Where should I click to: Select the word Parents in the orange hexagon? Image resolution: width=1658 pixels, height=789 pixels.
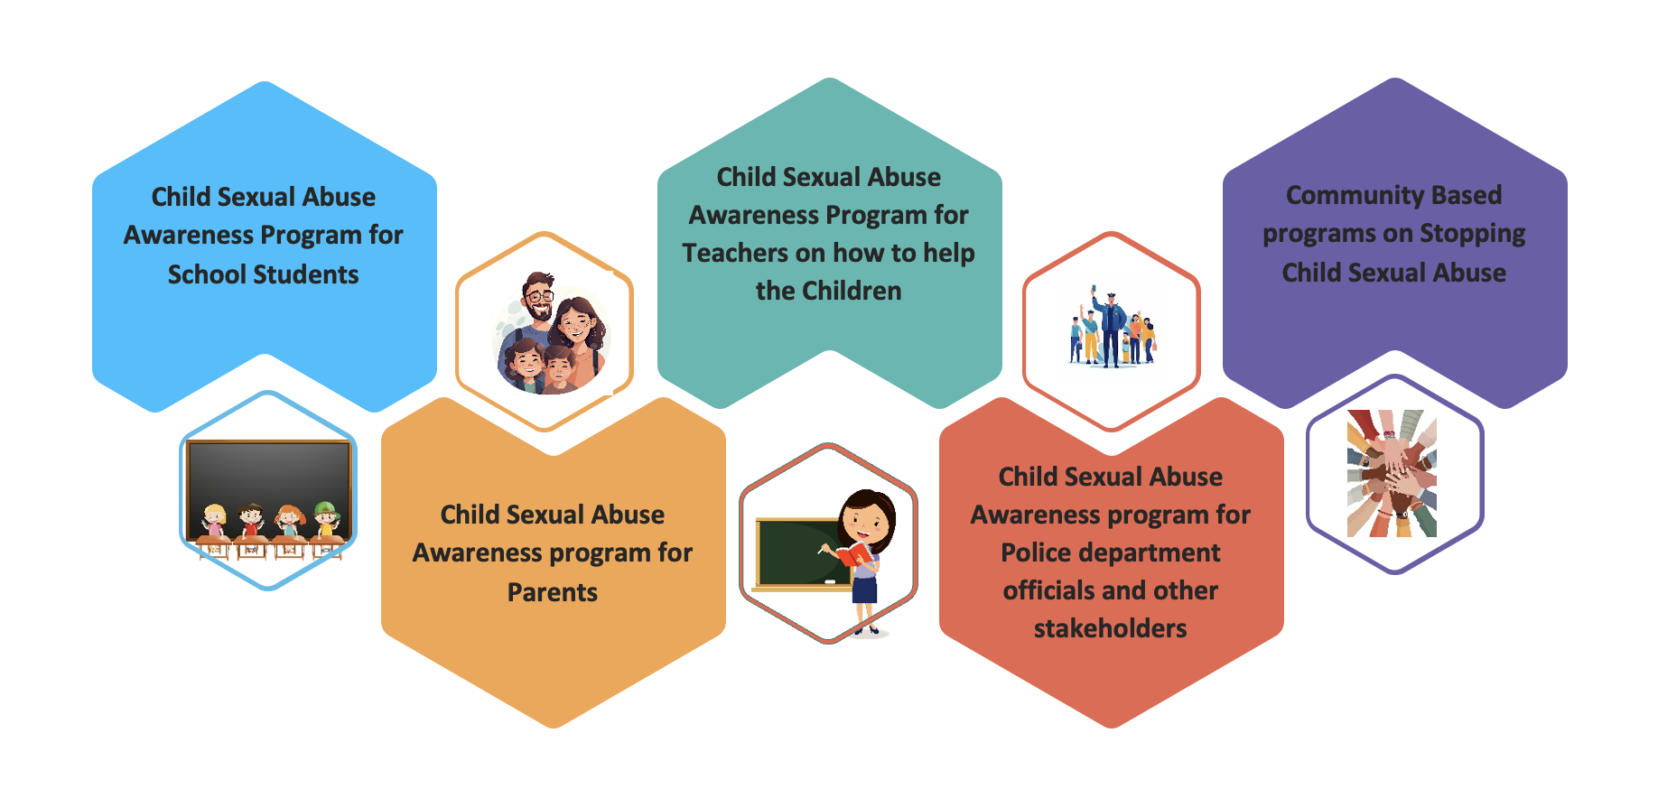point(553,592)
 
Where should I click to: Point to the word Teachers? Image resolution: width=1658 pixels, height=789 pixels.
point(736,253)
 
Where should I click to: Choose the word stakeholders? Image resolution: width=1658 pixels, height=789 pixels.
point(1111,628)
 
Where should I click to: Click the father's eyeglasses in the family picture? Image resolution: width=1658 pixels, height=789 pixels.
point(539,295)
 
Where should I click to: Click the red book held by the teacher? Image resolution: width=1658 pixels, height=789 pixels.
point(853,552)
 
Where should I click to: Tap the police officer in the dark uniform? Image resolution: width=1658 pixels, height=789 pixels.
point(1111,329)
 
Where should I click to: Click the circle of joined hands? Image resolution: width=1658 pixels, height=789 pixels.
point(1392,474)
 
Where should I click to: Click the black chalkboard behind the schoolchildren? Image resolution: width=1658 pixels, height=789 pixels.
point(268,488)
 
